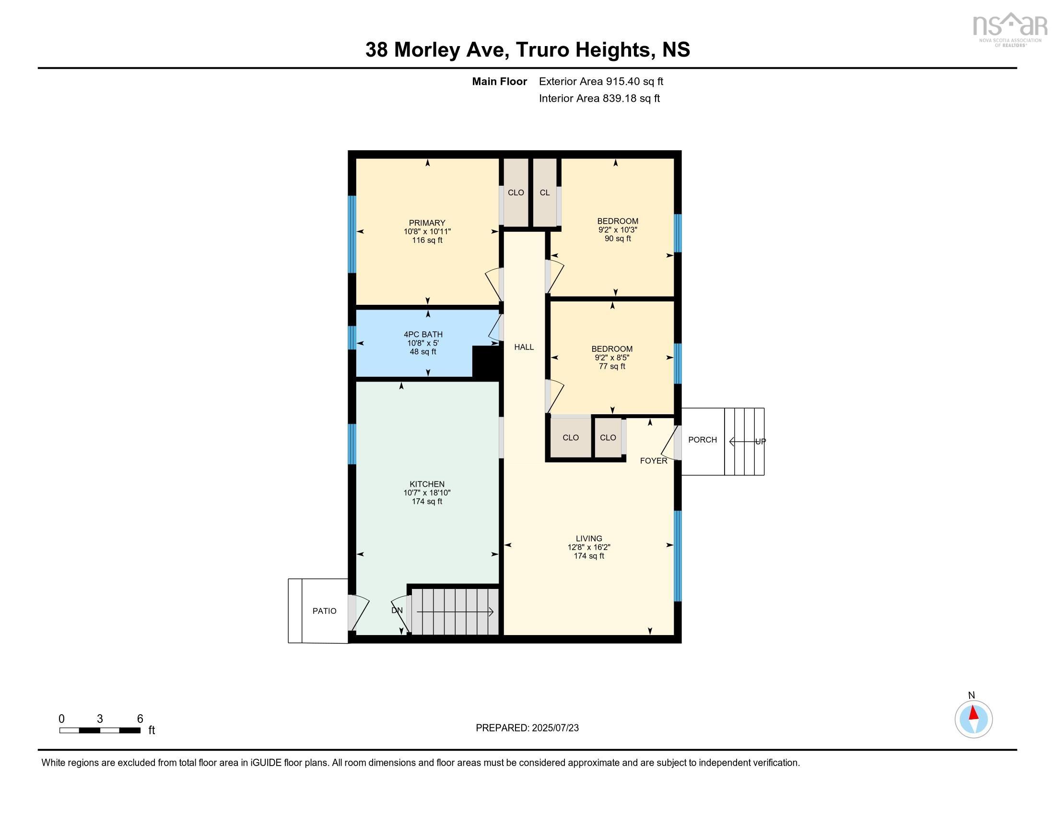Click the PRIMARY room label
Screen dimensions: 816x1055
coord(426,223)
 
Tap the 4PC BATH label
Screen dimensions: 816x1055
coord(422,334)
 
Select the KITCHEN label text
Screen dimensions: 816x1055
coord(426,484)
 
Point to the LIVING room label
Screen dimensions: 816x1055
coord(588,538)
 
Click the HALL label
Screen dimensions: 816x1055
coord(524,347)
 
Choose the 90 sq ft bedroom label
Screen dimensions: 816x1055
coord(617,221)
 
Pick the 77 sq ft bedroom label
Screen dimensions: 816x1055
coord(611,348)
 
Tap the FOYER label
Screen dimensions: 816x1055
coord(653,461)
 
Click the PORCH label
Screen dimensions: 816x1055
coord(702,439)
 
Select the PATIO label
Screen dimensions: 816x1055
coord(324,611)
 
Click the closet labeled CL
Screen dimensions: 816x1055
coord(544,192)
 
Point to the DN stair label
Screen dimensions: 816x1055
coord(397,610)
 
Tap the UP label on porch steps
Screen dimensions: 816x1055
coord(760,441)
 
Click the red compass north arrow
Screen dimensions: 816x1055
coord(973,713)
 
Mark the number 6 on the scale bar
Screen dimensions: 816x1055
coord(140,719)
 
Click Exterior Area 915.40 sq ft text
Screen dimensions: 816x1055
coord(600,81)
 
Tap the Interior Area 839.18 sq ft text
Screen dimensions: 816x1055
coord(599,98)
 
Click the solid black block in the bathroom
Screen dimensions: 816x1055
coord(484,361)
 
